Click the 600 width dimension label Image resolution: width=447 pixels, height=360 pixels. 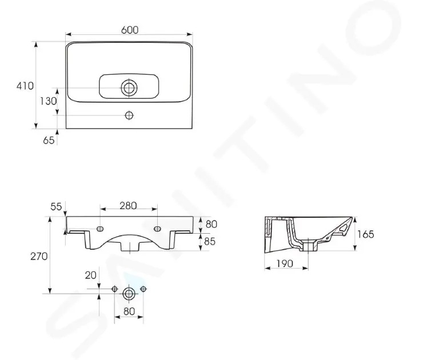pyautogui.click(x=130, y=30)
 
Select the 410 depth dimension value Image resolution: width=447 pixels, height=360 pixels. pyautogui.click(x=25, y=86)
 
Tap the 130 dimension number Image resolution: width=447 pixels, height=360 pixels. pyautogui.click(x=48, y=101)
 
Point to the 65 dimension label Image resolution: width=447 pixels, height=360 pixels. pyautogui.click(x=49, y=140)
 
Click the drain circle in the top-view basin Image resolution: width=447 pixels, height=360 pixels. pyautogui.click(x=129, y=88)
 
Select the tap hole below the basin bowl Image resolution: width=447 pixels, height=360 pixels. pyautogui.click(x=129, y=115)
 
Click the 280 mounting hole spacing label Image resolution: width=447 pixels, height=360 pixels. pyautogui.click(x=128, y=206)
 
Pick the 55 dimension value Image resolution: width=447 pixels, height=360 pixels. pyautogui.click(x=56, y=207)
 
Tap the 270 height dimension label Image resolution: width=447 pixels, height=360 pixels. pyautogui.click(x=39, y=257)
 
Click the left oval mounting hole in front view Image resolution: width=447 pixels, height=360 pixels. pyautogui.click(x=100, y=229)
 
